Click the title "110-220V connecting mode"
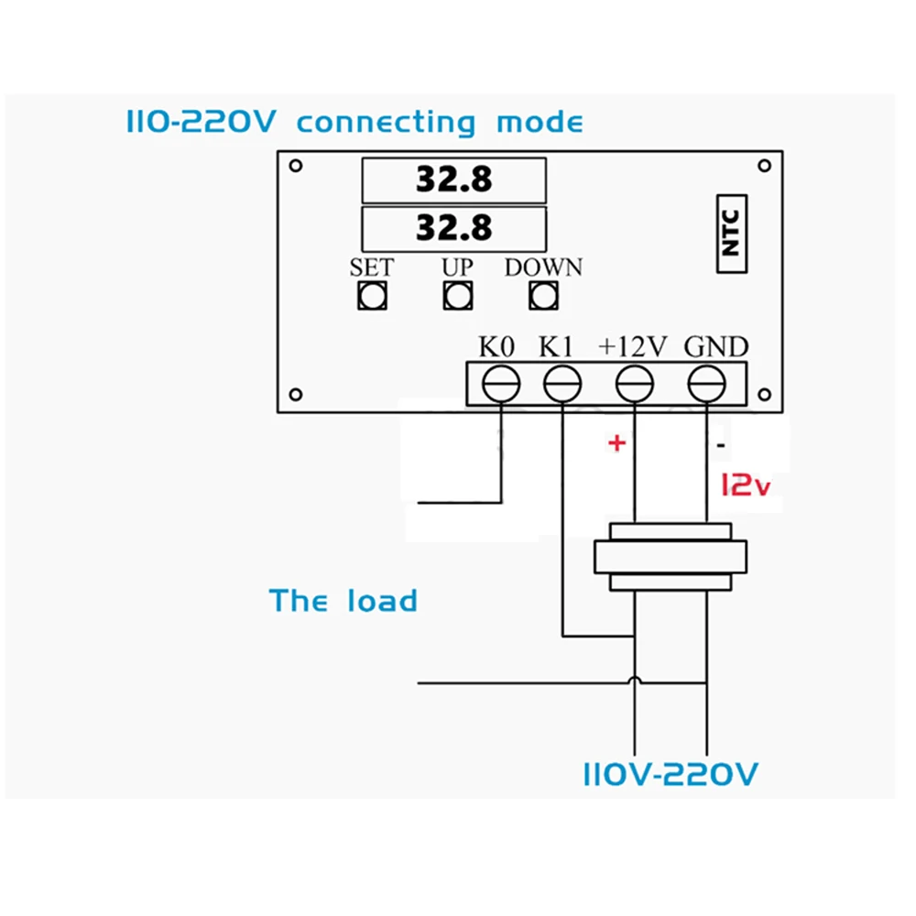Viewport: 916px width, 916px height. [x=354, y=122]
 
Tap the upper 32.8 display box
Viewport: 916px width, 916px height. [x=454, y=180]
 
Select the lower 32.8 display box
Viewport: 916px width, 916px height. [x=454, y=226]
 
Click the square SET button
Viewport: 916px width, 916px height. [x=372, y=295]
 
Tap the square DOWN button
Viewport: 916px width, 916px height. [x=543, y=295]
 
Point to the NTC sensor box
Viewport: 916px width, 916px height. [x=730, y=234]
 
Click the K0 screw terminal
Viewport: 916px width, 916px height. [x=501, y=383]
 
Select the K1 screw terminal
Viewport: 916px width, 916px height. [x=562, y=383]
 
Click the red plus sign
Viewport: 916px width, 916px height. [x=616, y=444]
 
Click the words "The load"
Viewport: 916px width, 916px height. [x=343, y=601]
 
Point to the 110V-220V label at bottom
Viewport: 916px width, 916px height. [x=671, y=775]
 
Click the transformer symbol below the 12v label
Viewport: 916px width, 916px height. [x=671, y=556]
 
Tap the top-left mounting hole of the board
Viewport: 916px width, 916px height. [x=295, y=167]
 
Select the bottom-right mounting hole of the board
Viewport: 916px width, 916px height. [x=762, y=395]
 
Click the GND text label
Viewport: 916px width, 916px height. [x=716, y=346]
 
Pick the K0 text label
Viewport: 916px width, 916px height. [x=497, y=346]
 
